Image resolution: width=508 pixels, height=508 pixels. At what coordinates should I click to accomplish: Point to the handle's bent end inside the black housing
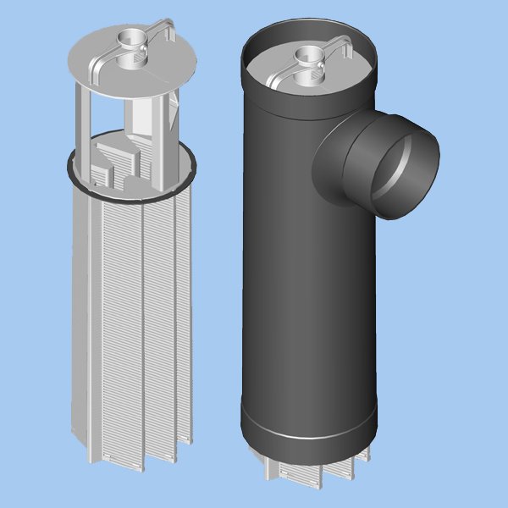pos(346,47)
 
